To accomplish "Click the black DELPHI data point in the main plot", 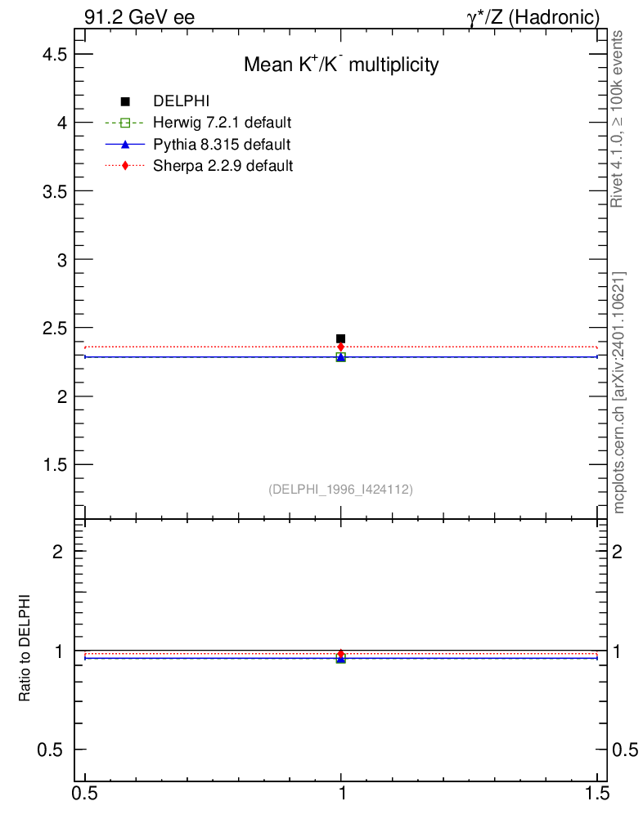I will pos(340,338).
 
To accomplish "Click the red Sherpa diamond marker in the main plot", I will pos(340,347).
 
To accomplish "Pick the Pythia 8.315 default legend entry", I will pos(222,145).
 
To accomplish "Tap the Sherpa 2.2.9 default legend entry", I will pos(223,166).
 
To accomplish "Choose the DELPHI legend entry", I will pos(182,101).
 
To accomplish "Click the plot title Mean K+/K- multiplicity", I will pos(341,65).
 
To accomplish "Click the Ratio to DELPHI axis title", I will pos(25,647).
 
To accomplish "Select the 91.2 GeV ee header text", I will pos(139,17).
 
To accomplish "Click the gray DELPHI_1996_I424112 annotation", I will pos(340,490).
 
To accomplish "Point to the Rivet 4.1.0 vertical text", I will pos(618,119).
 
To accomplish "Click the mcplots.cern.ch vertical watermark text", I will pos(619,392).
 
